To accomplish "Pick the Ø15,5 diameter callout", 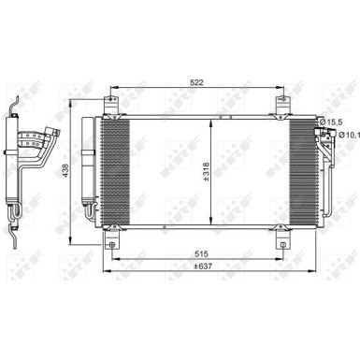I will [336, 123].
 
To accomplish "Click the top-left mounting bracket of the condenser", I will [111, 104].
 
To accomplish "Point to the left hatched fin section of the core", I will [117, 170].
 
